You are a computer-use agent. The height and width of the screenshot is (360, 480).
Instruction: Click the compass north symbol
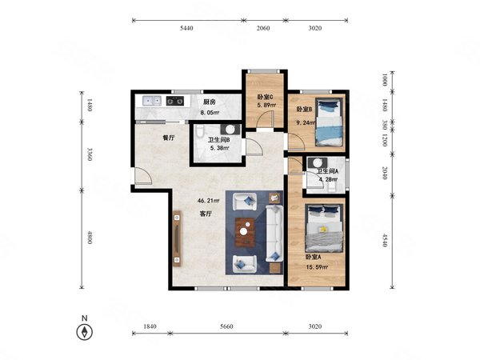[85, 332]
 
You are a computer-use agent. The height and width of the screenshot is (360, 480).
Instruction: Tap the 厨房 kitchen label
[210, 102]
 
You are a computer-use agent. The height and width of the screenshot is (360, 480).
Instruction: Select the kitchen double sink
[152, 101]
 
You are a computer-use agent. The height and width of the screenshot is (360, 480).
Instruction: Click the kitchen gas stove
[175, 101]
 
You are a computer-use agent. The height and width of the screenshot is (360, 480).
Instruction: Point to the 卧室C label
[265, 97]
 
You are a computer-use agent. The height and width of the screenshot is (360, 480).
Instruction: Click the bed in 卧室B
[329, 122]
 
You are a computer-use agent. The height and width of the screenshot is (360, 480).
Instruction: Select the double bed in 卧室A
[325, 228]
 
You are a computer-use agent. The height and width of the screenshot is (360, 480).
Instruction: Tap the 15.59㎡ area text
[317, 267]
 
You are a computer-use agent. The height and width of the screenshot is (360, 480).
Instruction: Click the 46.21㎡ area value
[209, 201]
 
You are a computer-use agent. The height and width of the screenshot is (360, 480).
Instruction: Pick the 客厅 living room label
[206, 214]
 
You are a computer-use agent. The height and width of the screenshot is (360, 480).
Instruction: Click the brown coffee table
[245, 232]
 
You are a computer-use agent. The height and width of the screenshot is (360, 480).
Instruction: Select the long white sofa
[274, 234]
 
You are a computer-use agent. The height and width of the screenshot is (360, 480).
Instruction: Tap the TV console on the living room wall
[178, 238]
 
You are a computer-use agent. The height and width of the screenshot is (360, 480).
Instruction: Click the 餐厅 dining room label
[168, 138]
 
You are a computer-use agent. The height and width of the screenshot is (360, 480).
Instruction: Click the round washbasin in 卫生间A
[318, 162]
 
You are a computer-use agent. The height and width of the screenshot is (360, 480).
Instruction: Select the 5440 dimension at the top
[186, 28]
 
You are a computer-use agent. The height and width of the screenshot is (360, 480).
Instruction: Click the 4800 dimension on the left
[90, 238]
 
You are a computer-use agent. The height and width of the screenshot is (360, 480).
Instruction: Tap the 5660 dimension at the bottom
[226, 326]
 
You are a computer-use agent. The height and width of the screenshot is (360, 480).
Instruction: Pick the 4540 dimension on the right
[385, 240]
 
